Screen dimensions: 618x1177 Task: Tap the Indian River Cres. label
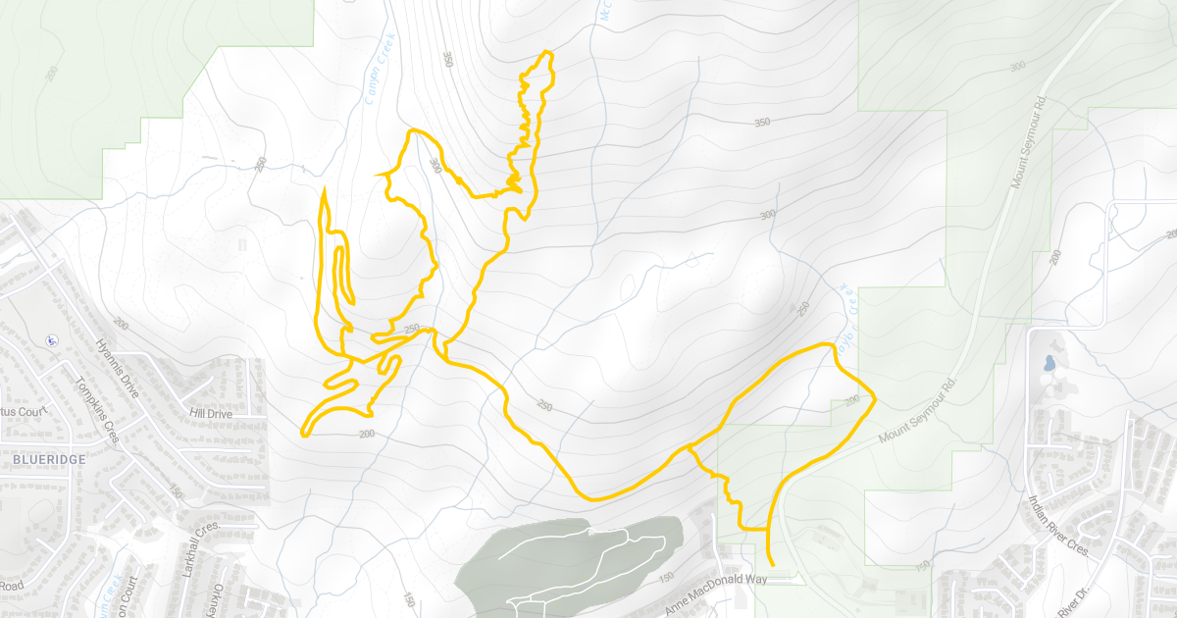1060,527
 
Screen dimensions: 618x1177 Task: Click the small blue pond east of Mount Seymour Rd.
1050,364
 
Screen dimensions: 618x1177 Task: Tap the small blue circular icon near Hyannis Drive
49,341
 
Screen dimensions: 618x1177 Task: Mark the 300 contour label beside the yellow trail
435,167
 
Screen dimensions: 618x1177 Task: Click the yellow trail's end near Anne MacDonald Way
772,565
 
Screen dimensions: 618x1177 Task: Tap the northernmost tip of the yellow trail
545,52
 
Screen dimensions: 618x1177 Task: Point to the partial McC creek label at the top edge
605,11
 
